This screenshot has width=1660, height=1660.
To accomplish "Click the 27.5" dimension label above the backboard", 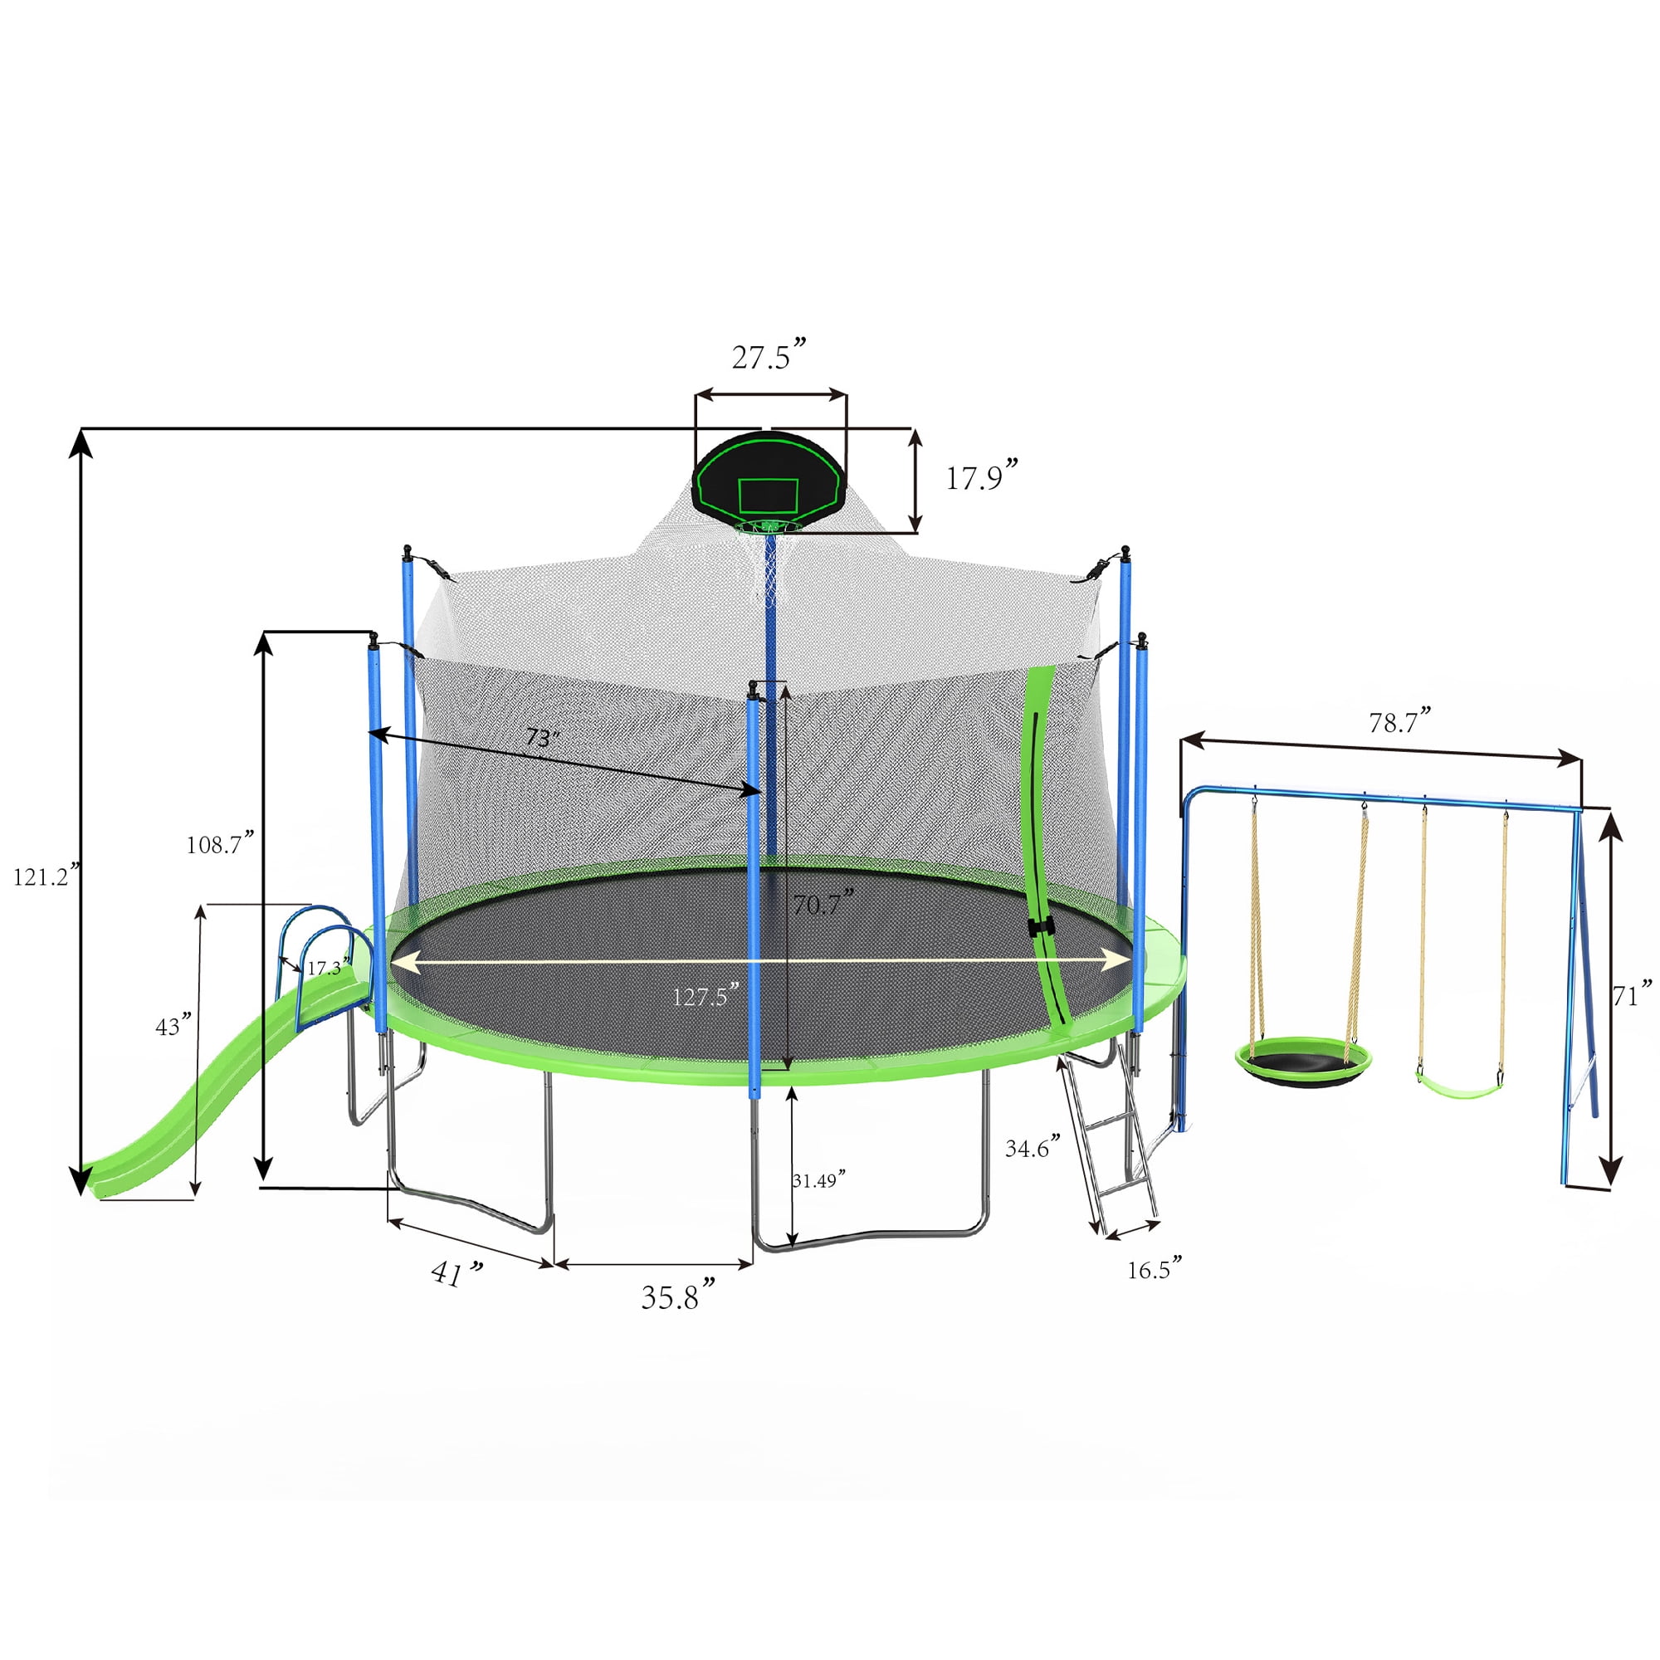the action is (x=769, y=354).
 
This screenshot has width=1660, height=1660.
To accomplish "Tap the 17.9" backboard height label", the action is (x=981, y=475).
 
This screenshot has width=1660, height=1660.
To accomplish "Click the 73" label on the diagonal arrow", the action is (x=543, y=737).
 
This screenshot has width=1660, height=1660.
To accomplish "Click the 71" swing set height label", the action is (x=1632, y=994).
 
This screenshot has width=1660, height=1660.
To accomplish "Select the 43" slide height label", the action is (x=173, y=1025).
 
